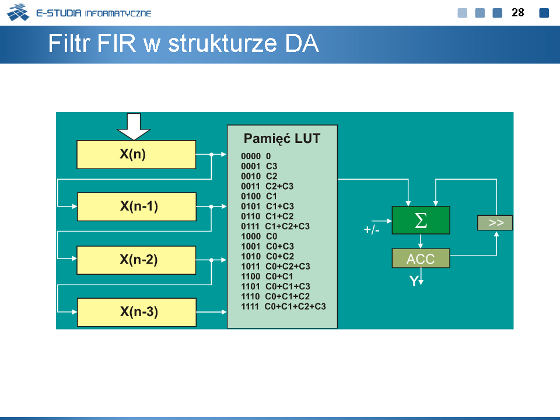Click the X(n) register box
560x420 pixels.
[136, 154]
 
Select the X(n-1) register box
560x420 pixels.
[136, 206]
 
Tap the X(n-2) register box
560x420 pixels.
[136, 260]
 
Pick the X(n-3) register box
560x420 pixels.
[136, 312]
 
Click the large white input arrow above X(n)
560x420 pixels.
[134, 127]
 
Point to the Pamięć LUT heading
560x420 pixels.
[282, 139]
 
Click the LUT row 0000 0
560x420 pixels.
[256, 156]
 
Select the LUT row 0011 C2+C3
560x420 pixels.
[267, 186]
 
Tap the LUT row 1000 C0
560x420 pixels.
[259, 236]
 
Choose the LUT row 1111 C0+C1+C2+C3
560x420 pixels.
[283, 306]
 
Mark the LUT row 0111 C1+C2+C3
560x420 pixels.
[275, 226]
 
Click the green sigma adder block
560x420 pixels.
[421, 220]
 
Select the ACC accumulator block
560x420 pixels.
[421, 258]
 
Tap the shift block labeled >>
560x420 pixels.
[495, 222]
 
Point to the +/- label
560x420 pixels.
[372, 230]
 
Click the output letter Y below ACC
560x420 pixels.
[414, 281]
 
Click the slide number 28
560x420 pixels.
[518, 13]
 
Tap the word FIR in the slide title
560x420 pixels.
[117, 43]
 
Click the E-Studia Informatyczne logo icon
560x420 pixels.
[18, 12]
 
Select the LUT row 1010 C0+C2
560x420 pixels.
[268, 257]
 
